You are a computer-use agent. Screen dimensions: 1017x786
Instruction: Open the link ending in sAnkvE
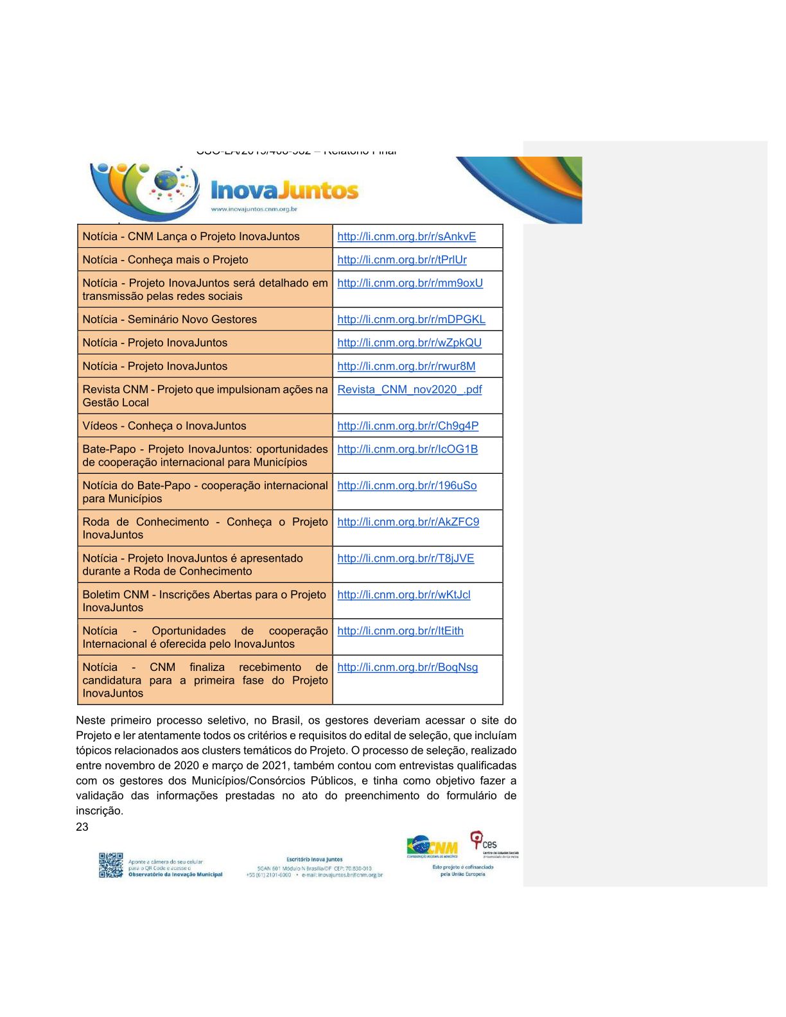pos(406,236)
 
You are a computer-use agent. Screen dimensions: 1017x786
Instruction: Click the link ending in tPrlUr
pos(402,259)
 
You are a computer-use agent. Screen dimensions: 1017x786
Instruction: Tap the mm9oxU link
pos(410,282)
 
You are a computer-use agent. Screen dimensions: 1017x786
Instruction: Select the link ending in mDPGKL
pos(411,319)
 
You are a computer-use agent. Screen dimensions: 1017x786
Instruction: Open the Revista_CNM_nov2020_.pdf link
pos(409,389)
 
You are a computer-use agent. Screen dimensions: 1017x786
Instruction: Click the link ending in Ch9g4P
pos(408,426)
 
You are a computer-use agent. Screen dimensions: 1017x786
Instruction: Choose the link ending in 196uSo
pos(406,485)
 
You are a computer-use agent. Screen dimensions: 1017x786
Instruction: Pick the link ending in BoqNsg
pos(407,667)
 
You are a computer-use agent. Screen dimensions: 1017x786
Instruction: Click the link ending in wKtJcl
pos(403,595)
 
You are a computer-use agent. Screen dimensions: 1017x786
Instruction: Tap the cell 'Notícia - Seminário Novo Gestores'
pos(170,319)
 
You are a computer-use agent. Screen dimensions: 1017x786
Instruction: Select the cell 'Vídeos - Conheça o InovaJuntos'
pos(164,426)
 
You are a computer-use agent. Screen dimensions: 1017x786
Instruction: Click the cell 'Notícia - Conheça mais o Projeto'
pos(165,259)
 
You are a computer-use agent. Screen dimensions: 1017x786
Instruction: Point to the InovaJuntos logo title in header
pos(284,190)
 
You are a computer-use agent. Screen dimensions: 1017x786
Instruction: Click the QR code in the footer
pos(110,865)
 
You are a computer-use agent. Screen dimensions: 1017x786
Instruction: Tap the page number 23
pos(82,827)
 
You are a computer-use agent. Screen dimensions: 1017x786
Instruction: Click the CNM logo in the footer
pos(432,847)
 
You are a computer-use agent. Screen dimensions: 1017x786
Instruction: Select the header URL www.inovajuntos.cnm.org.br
pos(254,209)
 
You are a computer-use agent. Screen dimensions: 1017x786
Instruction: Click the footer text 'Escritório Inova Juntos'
pos(315,859)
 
